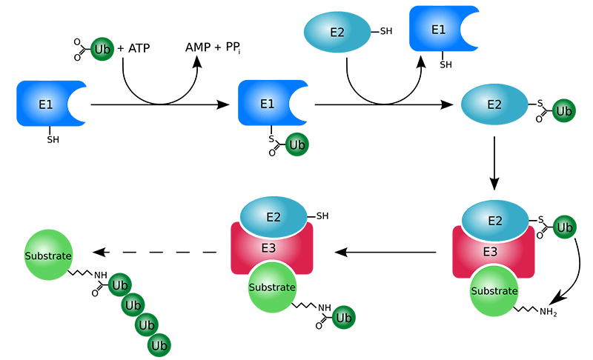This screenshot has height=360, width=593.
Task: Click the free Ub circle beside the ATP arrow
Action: coord(102,50)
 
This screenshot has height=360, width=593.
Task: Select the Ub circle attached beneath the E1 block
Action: coord(297,143)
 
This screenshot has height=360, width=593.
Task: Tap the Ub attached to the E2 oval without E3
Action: coord(564,111)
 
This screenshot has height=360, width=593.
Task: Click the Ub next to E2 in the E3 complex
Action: coord(564,227)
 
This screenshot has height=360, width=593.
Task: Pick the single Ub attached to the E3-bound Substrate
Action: coord(343,317)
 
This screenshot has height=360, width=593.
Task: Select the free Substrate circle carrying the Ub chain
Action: coord(49,256)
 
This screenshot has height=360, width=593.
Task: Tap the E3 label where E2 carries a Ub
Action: coord(490,252)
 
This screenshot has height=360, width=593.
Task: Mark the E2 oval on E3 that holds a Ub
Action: coord(494,219)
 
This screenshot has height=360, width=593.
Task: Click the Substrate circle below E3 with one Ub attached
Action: coord(271,287)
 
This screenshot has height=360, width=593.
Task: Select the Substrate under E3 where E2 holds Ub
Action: coord(494,290)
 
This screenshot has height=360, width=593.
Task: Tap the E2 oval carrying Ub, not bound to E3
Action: coord(494,104)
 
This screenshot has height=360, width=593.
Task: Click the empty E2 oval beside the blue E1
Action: coord(339,34)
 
